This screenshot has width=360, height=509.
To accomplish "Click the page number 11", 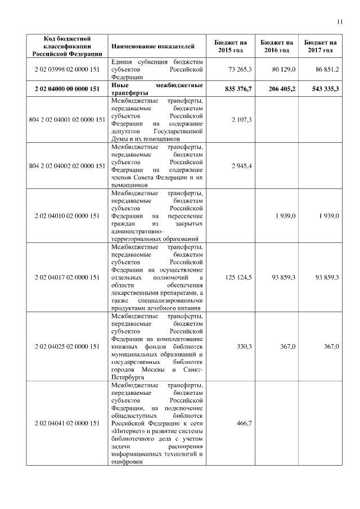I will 339,22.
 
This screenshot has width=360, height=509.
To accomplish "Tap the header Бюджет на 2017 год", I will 320,46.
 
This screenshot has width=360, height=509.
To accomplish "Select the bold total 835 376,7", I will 237,88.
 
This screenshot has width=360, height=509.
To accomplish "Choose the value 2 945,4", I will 243,165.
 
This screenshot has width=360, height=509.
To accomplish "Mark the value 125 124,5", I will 238,277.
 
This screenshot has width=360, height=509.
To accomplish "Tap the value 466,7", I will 245,422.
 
